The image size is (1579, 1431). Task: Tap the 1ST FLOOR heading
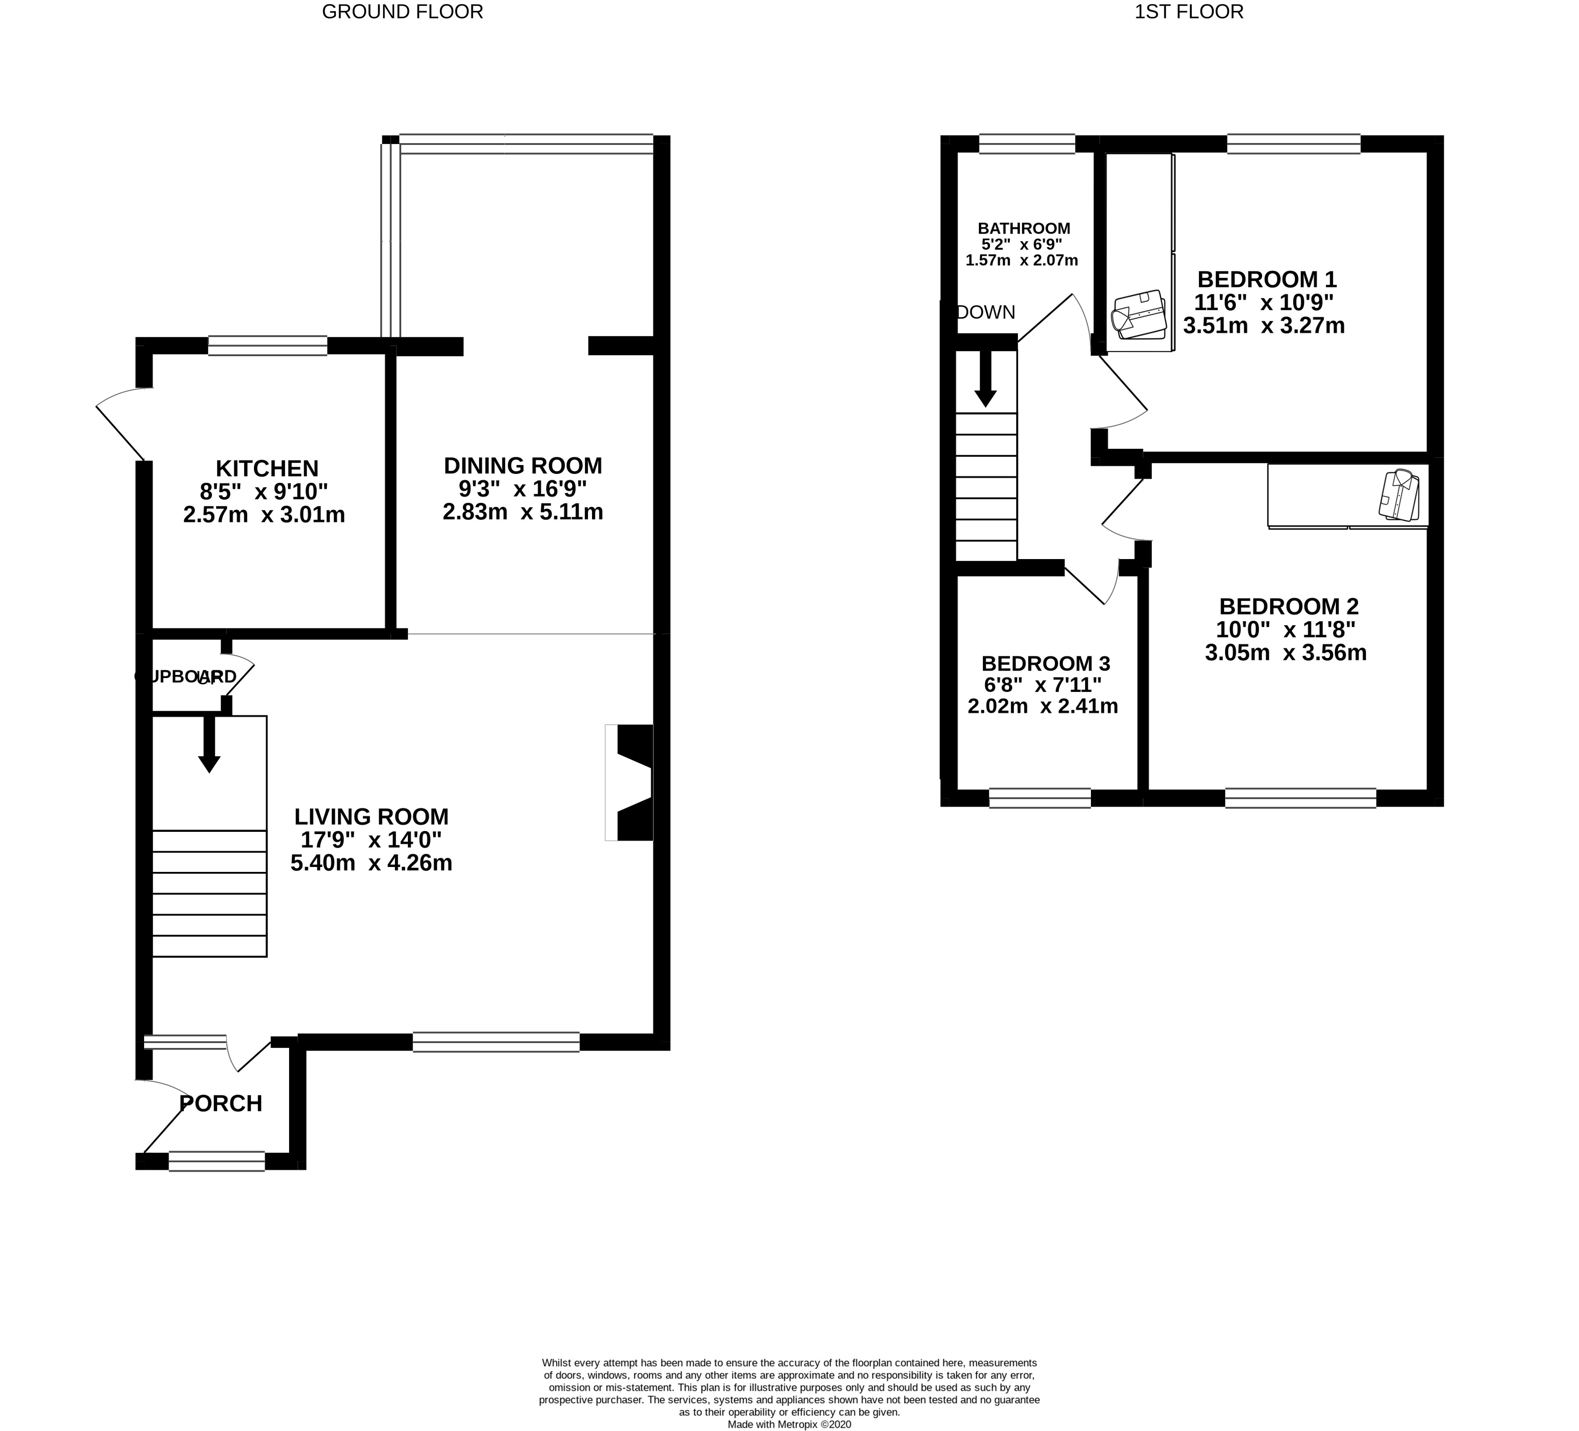coord(1189,12)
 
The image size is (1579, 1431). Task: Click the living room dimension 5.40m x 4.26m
coord(371,863)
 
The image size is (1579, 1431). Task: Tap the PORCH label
coord(221,1104)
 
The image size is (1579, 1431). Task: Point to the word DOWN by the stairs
coord(986,312)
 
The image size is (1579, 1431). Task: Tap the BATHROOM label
coord(1024,229)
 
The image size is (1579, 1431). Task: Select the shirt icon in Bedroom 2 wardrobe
coord(1399,495)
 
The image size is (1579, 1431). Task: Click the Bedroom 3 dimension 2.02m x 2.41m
coord(1042,706)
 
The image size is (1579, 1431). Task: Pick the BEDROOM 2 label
coord(1289,606)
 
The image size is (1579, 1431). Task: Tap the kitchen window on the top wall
coord(268,345)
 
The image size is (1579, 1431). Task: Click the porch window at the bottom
coord(217,1161)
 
